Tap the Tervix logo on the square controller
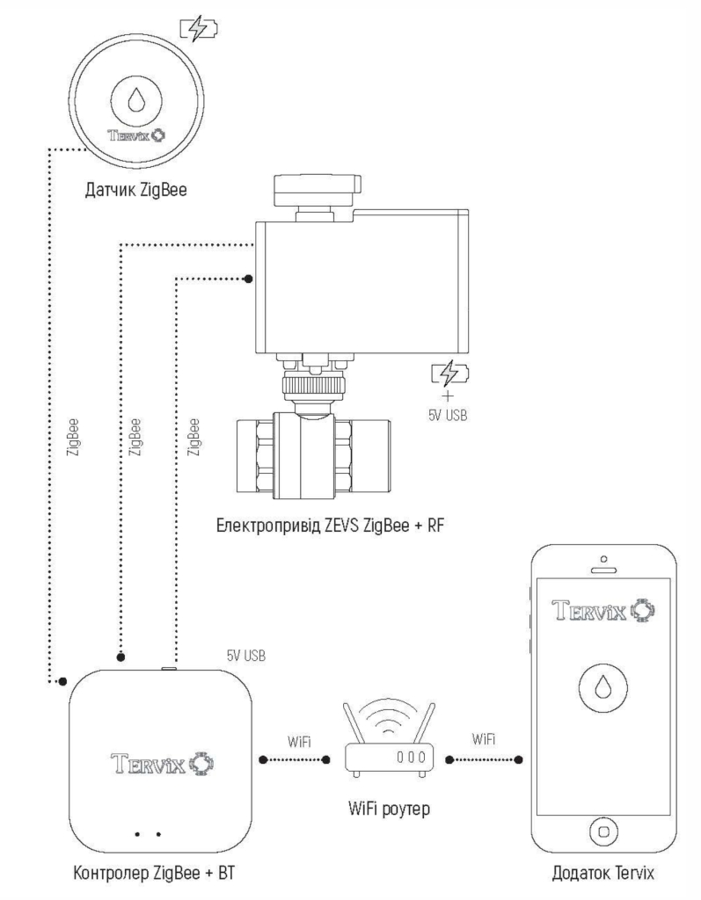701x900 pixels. tap(160, 759)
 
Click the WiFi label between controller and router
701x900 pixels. tap(298, 741)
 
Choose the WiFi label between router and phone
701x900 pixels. tap(483, 740)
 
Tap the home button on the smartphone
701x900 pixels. tap(603, 829)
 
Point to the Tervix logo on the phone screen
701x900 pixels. tap(603, 609)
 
